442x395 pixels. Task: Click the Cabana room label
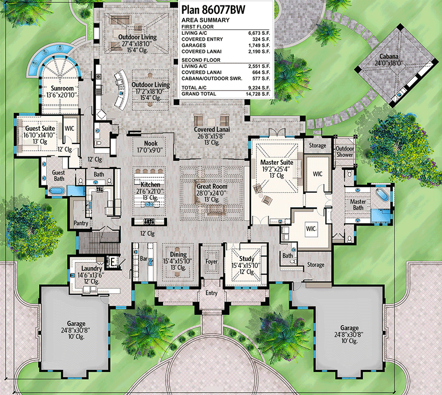[388, 56]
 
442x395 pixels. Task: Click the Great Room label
[211, 187]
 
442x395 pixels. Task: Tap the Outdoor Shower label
[345, 151]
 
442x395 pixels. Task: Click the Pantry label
[81, 224]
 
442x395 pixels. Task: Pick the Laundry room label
[92, 269]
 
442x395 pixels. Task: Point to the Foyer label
[212, 262]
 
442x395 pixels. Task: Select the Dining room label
[178, 254]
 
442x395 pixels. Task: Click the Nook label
[150, 143]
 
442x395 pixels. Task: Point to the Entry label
[212, 293]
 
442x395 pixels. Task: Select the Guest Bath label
[59, 176]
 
